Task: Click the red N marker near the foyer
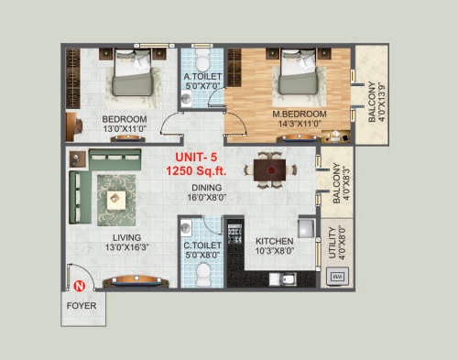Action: [80, 286]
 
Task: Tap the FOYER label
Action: [82, 306]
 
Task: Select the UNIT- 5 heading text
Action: [196, 158]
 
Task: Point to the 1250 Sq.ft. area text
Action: [196, 170]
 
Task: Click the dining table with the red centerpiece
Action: [269, 169]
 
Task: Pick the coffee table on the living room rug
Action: [116, 201]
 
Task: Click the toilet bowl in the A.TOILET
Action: [202, 60]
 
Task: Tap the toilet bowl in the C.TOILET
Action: [202, 275]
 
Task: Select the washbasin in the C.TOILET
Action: [186, 228]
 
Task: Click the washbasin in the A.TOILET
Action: [186, 98]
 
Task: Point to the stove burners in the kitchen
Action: [235, 233]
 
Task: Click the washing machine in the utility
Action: [337, 277]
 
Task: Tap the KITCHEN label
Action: [275, 241]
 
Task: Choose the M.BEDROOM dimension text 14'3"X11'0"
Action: [300, 124]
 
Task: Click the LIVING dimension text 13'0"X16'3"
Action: [126, 247]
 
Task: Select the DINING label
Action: [207, 188]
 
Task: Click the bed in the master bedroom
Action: [299, 71]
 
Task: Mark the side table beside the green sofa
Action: [78, 159]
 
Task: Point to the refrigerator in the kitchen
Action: [306, 228]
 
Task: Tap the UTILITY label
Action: [333, 243]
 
